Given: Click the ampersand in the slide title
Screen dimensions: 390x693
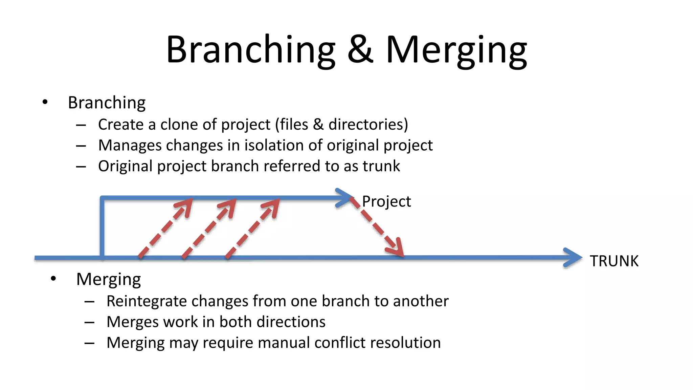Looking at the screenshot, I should pyautogui.click(x=360, y=50).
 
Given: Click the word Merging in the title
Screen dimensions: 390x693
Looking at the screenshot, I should pyautogui.click(x=456, y=51).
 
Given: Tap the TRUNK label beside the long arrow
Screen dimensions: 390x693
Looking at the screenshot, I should pyautogui.click(x=614, y=261).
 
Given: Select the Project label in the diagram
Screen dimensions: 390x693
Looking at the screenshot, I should pyautogui.click(x=386, y=201).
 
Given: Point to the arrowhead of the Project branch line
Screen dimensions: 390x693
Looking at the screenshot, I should pyautogui.click(x=345, y=197).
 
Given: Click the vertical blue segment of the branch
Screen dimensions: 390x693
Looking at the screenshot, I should pyautogui.click(x=102, y=227).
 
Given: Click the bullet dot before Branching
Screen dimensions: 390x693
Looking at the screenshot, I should pyautogui.click(x=45, y=102).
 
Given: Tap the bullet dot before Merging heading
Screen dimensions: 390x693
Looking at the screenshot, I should pyautogui.click(x=53, y=279).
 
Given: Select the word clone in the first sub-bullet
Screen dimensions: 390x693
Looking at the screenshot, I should pyautogui.click(x=179, y=125).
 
